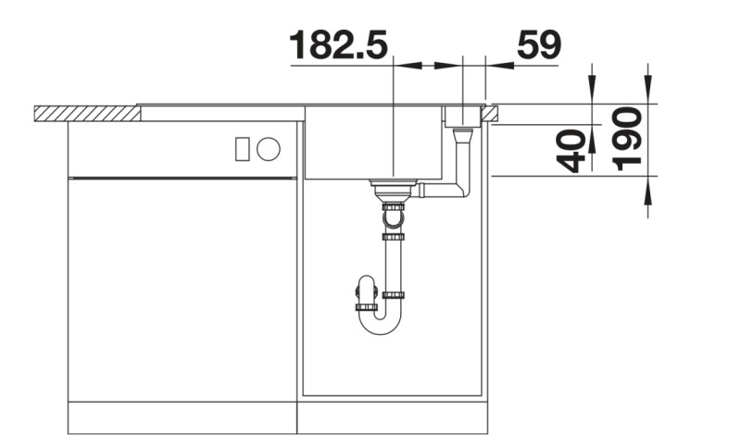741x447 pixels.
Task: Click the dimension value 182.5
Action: pos(338,45)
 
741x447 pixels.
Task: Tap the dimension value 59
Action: pos(537,45)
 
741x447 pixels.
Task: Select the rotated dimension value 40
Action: pos(574,151)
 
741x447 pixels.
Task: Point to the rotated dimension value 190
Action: pos(629,139)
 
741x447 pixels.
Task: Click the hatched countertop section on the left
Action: pos(86,113)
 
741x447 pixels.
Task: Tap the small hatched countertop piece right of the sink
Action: pos(490,113)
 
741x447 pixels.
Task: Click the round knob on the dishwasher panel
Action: pos(270,148)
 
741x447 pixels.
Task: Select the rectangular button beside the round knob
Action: pos(243,148)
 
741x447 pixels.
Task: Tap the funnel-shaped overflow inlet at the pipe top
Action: pos(461,135)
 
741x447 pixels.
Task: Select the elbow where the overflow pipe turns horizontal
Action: pos(463,191)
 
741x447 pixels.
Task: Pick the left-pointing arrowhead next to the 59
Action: pos(495,65)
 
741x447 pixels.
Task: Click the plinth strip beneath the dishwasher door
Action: pos(182,418)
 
